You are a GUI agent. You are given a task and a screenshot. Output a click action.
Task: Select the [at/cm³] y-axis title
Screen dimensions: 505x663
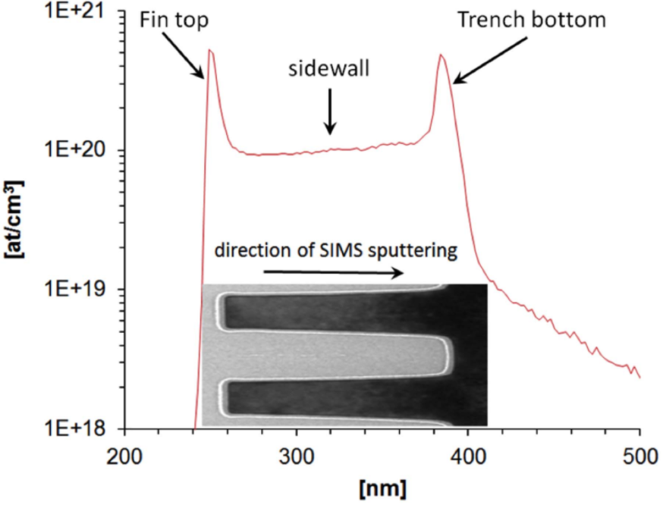click(15, 219)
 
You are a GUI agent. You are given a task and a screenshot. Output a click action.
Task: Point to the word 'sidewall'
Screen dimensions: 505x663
click(328, 69)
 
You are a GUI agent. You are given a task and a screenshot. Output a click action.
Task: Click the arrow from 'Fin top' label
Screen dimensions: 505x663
click(186, 56)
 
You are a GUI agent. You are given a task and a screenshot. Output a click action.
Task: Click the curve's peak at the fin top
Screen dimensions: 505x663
click(210, 51)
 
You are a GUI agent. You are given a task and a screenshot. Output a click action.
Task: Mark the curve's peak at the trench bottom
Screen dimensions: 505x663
click(441, 55)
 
